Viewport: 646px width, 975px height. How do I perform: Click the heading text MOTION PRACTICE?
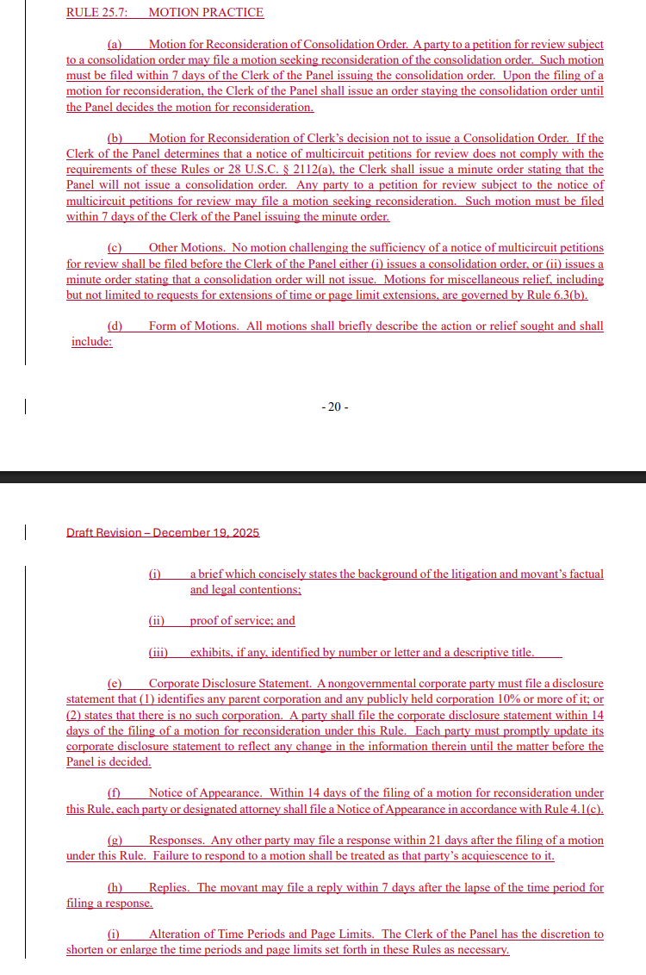pos(206,13)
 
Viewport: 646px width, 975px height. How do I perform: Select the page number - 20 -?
pos(334,407)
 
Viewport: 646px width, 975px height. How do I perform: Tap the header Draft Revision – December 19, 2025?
pos(163,532)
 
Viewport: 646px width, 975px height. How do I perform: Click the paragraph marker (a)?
pos(115,44)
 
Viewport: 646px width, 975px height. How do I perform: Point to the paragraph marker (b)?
pos(115,139)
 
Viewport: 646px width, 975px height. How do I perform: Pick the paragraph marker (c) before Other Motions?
pos(115,248)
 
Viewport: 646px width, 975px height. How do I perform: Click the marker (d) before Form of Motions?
pos(115,326)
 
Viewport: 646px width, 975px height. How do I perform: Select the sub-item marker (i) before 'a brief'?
pos(155,574)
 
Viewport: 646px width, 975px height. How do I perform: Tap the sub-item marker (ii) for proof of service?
pos(157,621)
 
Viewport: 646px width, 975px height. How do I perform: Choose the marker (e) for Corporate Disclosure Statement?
pos(115,684)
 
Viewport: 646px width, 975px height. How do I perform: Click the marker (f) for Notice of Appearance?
pos(114,793)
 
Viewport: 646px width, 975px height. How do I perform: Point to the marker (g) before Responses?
pos(115,841)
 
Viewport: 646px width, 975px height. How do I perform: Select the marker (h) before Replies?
pos(115,888)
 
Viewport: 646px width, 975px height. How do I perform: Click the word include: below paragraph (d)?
pos(92,342)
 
